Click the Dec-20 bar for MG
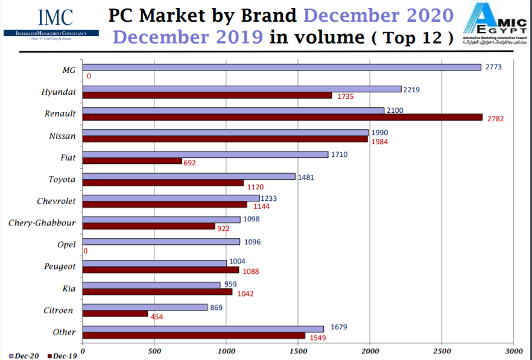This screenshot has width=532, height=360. coord(281,67)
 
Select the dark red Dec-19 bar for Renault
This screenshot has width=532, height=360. coord(282,118)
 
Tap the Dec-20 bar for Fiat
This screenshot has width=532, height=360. coord(205,154)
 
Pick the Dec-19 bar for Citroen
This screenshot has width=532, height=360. coord(115,314)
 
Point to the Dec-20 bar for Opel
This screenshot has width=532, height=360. coord(161,242)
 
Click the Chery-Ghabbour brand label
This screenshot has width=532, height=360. coord(42,223)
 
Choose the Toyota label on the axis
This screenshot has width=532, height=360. coord(62,180)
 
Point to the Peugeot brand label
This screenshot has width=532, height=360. coord(60,267)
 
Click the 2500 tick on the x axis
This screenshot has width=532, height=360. coord(442,350)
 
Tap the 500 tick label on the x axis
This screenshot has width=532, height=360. coord(154,350)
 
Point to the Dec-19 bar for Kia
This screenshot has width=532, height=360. coord(157,292)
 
